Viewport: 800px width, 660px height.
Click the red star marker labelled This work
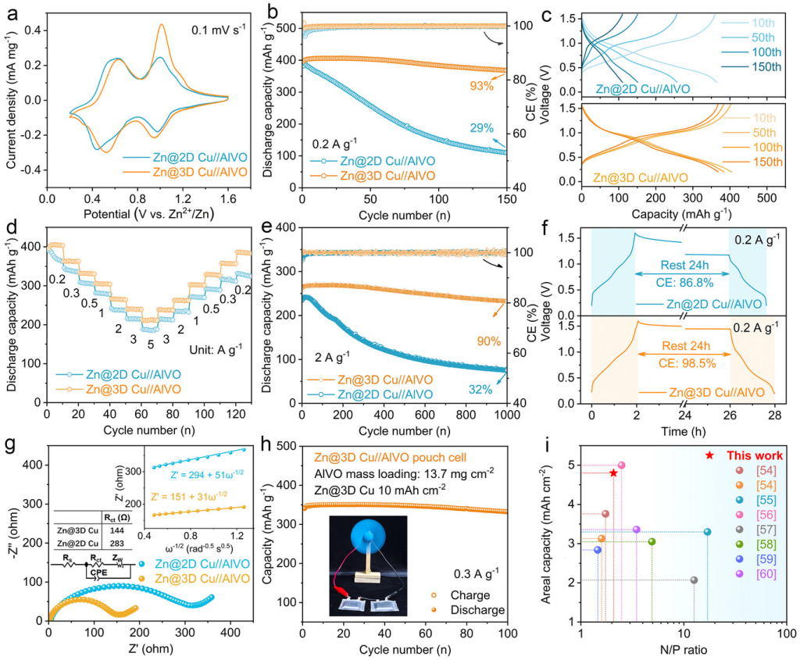[709, 455]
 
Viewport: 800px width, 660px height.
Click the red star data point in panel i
[613, 473]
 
